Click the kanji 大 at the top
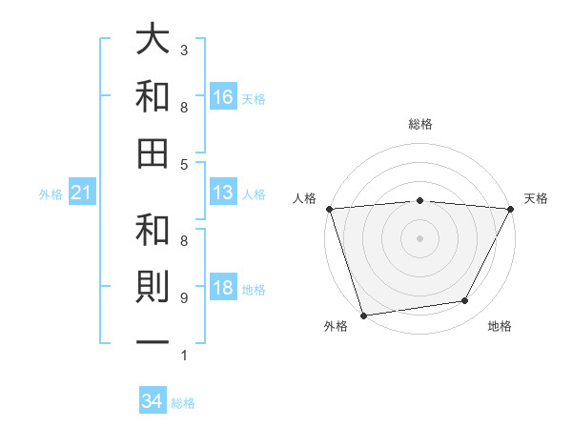153,41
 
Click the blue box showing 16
223,96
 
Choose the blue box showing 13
223,193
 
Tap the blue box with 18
223,289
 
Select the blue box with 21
82,193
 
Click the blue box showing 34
153,401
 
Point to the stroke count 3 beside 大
184,50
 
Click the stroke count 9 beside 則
184,298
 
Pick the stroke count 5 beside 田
184,165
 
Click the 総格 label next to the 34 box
183,403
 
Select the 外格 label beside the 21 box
51,194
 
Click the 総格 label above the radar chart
419,124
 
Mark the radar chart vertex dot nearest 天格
511,209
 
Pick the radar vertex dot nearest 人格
329,209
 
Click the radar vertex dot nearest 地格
465,301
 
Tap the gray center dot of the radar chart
419,237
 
